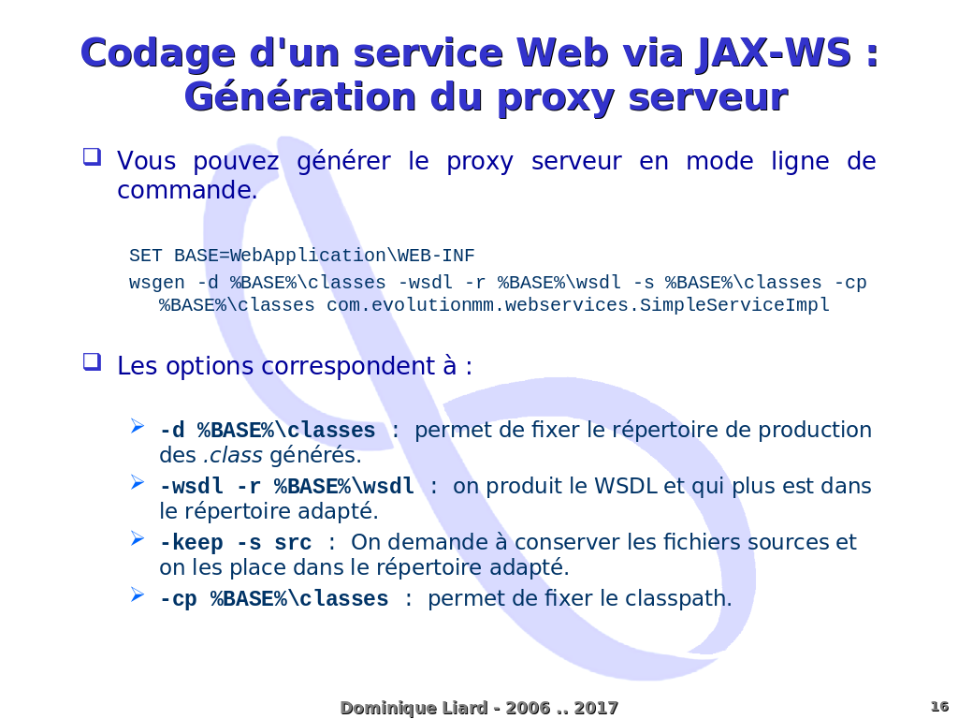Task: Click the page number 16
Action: (939, 707)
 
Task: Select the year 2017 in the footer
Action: (596, 708)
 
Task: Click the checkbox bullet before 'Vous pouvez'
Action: (93, 157)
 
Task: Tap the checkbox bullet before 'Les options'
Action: (93, 362)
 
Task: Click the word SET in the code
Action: (145, 256)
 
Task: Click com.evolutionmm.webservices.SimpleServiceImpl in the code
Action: (578, 305)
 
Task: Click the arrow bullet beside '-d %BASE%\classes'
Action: (137, 426)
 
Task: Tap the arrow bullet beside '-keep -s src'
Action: (137, 538)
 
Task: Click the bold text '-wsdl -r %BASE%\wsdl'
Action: (287, 487)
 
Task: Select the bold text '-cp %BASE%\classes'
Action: (274, 599)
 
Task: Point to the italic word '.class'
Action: (233, 456)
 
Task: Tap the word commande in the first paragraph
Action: (187, 190)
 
